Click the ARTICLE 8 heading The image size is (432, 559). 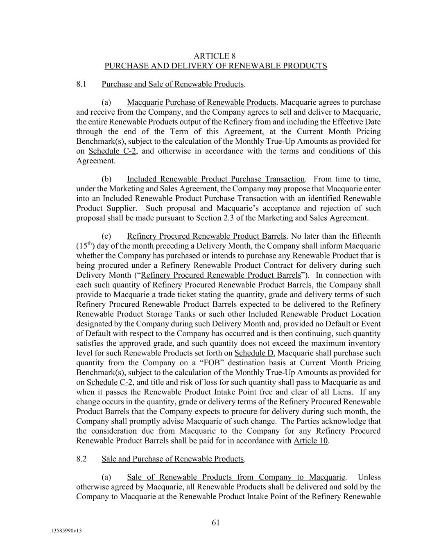coord(215,56)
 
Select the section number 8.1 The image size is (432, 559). coord(81,84)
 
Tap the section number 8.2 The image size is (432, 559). coord(81,459)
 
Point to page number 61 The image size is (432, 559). coord(216,523)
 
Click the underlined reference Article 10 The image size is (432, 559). coord(311,441)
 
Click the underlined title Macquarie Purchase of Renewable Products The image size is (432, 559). coord(201,102)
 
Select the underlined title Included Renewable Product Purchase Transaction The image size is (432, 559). coord(216,179)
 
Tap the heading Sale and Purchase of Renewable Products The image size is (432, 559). coord(172,459)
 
